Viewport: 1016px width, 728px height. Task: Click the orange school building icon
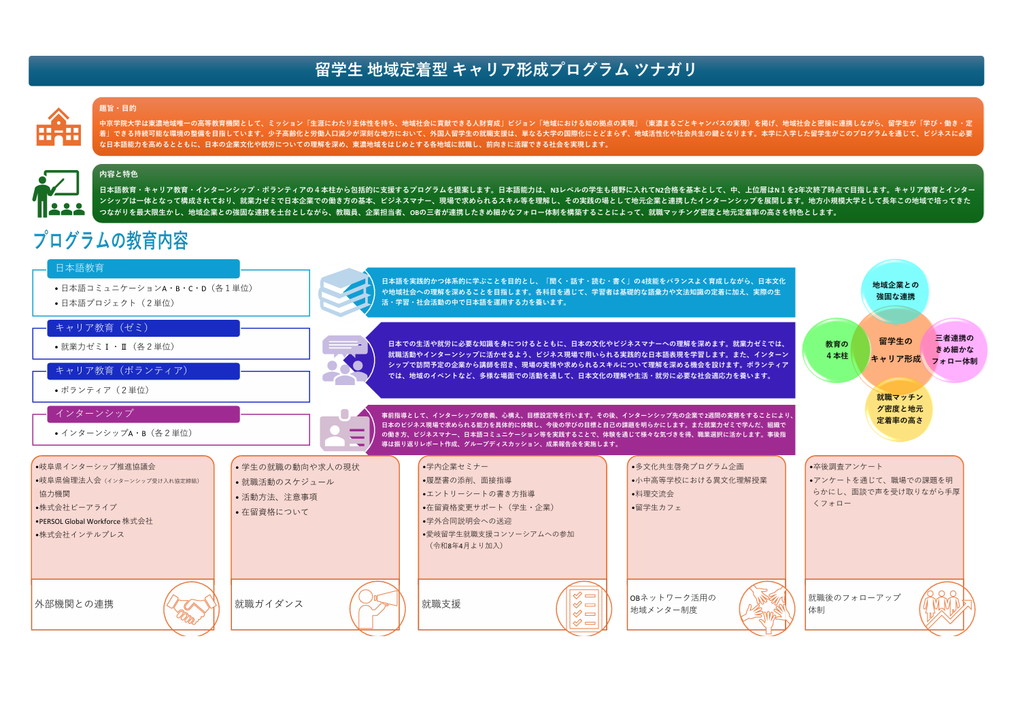[x=58, y=127]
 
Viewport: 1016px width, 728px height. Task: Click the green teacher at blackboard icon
[x=58, y=194]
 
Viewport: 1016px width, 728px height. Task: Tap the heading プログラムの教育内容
[x=111, y=240]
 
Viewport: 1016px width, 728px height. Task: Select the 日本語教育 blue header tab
[x=143, y=268]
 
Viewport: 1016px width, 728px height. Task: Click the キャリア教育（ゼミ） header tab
[x=143, y=328]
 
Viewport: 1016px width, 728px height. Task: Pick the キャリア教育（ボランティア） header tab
[x=143, y=371]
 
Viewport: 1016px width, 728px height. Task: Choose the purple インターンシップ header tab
[x=143, y=414]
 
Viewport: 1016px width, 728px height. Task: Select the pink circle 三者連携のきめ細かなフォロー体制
[x=955, y=350]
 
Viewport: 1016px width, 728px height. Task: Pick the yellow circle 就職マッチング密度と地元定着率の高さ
[x=899, y=408]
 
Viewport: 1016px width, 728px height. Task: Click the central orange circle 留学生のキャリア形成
[x=896, y=350]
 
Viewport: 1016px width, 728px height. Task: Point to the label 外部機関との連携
[x=74, y=604]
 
